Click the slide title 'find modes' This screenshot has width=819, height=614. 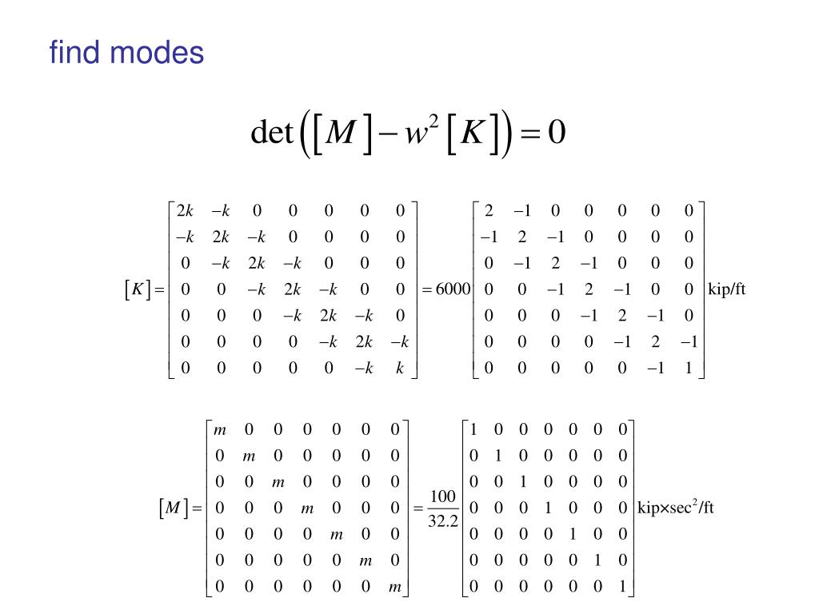126,54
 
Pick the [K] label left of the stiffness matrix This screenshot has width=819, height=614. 138,289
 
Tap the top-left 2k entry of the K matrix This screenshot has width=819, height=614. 186,211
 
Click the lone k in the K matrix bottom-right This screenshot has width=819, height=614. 399,369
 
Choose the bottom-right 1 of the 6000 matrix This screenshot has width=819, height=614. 689,369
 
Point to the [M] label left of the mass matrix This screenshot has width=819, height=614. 172,508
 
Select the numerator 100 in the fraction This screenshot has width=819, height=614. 442,497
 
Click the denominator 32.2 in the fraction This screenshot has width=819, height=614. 442,520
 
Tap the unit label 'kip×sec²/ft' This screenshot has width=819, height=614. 676,508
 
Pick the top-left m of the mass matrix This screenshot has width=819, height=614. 220,429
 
